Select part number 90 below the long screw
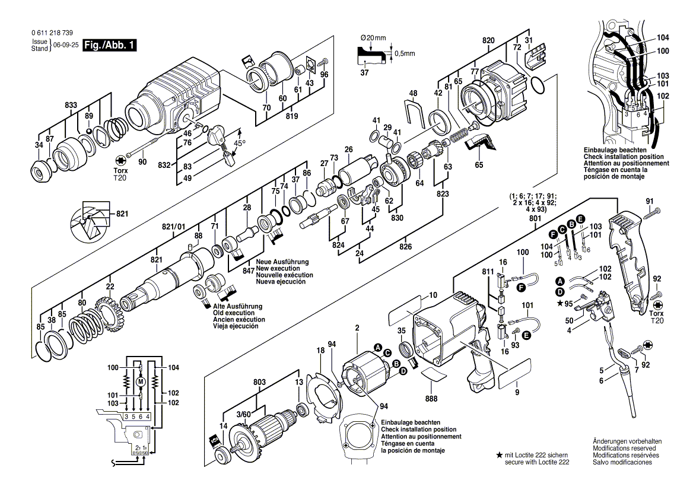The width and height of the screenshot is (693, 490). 142,161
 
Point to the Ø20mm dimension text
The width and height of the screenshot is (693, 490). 373,38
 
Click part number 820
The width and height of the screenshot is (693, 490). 488,40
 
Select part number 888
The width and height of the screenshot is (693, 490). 431,399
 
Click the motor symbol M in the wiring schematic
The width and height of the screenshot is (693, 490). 141,381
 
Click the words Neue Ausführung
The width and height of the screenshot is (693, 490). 279,262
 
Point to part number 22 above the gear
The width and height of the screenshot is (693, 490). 110,287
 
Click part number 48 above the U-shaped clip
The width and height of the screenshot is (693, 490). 414,93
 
